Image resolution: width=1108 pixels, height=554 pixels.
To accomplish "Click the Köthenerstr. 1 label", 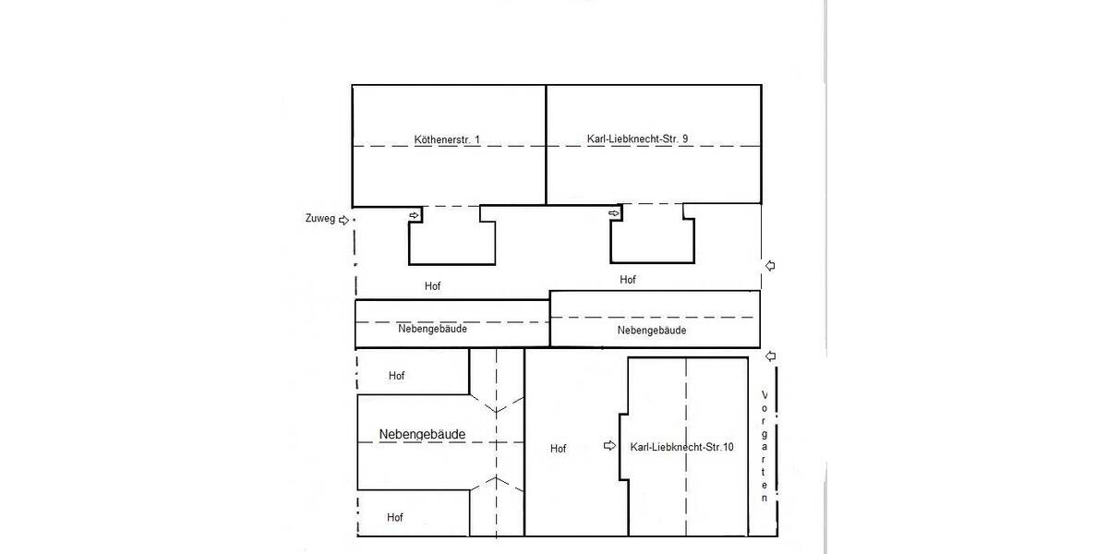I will (447, 140).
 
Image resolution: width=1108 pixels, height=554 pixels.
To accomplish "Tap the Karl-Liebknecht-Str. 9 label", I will (637, 139).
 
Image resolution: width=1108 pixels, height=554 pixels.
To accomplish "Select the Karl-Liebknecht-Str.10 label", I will (681, 448).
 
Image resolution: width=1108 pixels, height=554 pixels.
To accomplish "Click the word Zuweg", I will (319, 220).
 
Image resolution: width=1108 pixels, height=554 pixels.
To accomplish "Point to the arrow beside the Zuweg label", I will (344, 220).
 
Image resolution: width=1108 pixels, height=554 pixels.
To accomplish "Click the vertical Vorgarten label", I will (765, 447).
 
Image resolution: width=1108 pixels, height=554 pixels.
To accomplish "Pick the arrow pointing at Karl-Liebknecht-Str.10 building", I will (609, 446).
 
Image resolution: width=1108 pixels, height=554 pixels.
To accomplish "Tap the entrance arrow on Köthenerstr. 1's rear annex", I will (415, 215).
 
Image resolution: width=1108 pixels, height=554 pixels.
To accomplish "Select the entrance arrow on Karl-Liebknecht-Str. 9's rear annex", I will (614, 214).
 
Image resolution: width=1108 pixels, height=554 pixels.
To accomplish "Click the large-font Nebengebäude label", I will (421, 434).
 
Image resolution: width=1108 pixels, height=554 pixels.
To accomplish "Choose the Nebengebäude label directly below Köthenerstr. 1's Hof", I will (432, 329).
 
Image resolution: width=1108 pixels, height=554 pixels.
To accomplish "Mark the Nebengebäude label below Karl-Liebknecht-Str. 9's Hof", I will (652, 331).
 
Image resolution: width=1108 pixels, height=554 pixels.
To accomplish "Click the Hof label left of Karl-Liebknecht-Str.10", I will (558, 449).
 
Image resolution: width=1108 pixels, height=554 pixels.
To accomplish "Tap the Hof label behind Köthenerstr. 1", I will (432, 286).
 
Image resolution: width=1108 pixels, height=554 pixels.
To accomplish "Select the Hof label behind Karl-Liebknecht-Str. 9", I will (628, 279).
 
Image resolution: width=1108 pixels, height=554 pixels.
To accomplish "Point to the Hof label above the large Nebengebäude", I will (396, 376).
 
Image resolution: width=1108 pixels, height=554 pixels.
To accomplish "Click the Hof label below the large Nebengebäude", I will (395, 518).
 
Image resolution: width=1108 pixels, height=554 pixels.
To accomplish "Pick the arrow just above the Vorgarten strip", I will (771, 356).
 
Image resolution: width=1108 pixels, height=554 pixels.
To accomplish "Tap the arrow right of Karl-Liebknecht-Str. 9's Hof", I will (770, 266).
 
